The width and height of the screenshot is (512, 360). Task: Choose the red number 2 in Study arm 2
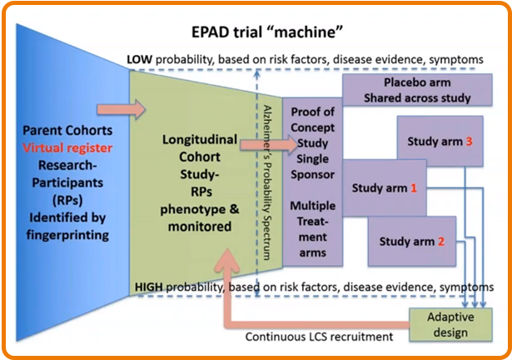pos(440,242)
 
